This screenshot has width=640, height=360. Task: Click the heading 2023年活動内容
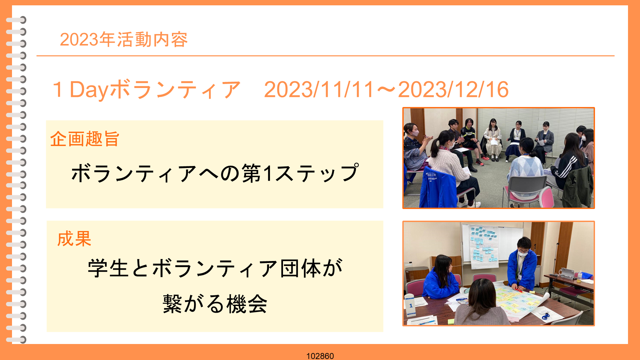[x=124, y=40]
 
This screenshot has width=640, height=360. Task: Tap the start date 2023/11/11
[x=319, y=90]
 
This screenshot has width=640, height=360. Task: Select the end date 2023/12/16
[x=453, y=90]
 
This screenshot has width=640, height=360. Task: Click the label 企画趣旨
[x=85, y=139]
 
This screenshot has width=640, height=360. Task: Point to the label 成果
[x=74, y=239]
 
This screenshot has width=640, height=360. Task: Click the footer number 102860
[x=320, y=356]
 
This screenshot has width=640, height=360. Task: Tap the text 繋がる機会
[x=215, y=304]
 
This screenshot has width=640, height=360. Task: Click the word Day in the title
[x=89, y=90]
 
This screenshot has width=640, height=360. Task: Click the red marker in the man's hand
[x=519, y=290]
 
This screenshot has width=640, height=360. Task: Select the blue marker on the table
[x=462, y=299]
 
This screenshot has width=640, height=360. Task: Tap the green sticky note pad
[x=451, y=321]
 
